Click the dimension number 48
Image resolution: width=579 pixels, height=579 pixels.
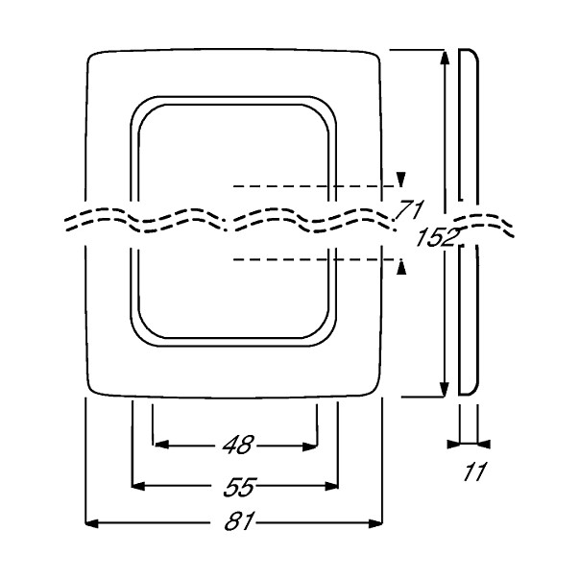click(x=238, y=445)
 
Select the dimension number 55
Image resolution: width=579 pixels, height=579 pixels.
click(x=240, y=487)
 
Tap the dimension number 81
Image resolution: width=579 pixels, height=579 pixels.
click(x=239, y=521)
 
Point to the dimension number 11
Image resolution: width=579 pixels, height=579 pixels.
click(x=475, y=471)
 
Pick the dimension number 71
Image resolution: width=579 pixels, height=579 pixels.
click(x=409, y=209)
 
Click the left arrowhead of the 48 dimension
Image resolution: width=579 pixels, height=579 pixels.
click(x=161, y=445)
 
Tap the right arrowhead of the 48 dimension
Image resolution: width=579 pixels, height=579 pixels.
click(x=309, y=446)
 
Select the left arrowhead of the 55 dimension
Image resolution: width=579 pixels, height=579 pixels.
click(x=138, y=486)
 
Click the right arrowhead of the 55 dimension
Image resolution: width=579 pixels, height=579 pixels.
click(x=331, y=486)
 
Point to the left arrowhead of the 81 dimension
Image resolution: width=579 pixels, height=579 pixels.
click(x=92, y=523)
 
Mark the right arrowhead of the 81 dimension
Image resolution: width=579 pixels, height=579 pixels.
click(x=375, y=523)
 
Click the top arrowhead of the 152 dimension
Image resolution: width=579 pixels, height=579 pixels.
click(x=445, y=59)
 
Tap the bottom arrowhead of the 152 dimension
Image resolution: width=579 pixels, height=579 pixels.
click(x=445, y=389)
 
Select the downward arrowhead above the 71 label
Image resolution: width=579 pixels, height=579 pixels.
click(x=401, y=180)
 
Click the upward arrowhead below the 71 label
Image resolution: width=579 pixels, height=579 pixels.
click(x=401, y=267)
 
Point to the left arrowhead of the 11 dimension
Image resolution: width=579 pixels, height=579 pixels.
click(x=453, y=445)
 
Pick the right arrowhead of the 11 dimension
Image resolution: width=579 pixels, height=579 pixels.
click(x=484, y=445)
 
